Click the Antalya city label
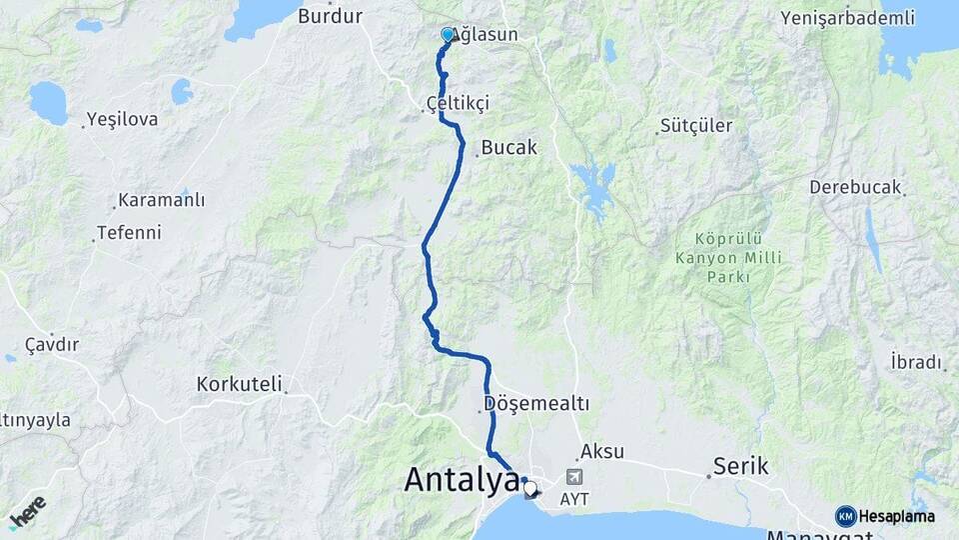(461, 480)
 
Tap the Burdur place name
(330, 16)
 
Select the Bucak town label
(508, 147)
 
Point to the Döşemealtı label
(536, 404)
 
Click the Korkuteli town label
(240, 383)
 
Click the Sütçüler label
(696, 126)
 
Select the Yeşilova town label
(122, 119)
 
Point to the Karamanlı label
(161, 201)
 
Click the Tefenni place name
(128, 233)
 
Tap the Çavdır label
(52, 344)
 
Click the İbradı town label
(915, 361)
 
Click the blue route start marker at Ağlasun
(447, 35)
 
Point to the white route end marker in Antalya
(530, 489)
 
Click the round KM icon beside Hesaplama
(845, 516)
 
